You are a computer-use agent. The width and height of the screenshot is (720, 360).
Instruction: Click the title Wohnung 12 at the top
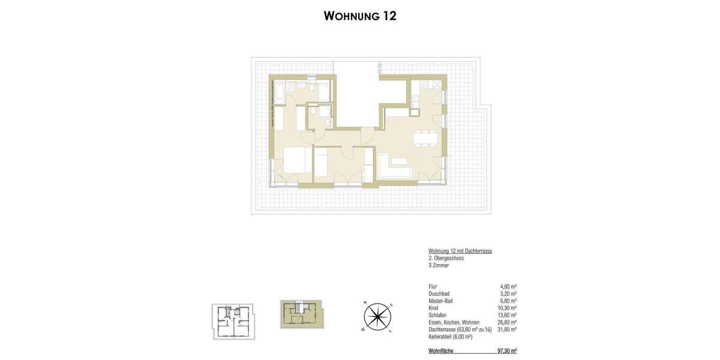(x=360, y=16)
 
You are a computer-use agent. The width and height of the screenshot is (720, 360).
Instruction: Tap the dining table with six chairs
(x=425, y=138)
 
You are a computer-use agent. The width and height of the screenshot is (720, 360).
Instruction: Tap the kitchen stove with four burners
(x=415, y=109)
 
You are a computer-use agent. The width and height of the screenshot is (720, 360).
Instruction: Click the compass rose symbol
(x=377, y=316)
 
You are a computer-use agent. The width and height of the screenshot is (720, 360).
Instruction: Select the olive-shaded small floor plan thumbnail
(x=301, y=314)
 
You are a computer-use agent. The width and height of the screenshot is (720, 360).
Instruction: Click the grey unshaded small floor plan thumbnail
(x=233, y=321)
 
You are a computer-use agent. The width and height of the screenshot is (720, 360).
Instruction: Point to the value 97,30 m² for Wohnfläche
(x=506, y=351)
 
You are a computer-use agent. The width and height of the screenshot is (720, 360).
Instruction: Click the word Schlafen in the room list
(x=437, y=315)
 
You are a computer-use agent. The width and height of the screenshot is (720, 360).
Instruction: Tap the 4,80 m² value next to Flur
(x=508, y=287)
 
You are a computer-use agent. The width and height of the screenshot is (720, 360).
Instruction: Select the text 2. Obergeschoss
(x=446, y=258)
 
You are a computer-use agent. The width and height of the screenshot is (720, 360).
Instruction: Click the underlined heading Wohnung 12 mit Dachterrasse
(x=460, y=251)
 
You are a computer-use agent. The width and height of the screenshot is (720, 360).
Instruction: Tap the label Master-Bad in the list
(x=441, y=301)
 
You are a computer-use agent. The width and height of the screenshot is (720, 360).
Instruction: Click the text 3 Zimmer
(x=439, y=265)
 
